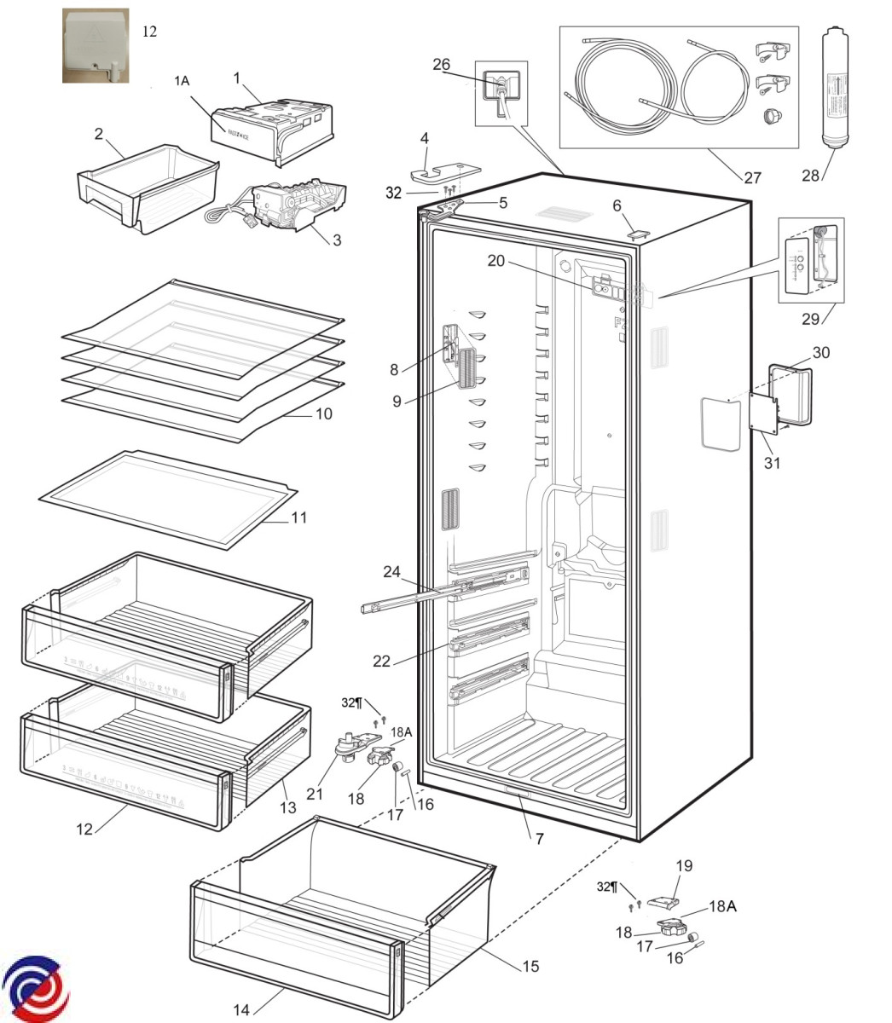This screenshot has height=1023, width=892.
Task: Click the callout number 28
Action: point(810,176)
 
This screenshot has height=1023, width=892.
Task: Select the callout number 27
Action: point(751,178)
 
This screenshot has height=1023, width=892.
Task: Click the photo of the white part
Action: point(96,46)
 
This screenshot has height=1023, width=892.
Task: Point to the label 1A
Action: point(182,81)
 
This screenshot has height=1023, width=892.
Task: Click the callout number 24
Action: point(392,571)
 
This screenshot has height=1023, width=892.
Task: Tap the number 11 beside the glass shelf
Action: point(298,517)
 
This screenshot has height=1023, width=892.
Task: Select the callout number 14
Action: point(241,1010)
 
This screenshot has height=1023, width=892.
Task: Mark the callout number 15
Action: point(530,966)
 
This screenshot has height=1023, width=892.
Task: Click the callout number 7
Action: point(539,839)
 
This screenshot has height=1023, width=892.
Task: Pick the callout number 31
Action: point(773,463)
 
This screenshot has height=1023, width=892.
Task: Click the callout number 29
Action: point(809,319)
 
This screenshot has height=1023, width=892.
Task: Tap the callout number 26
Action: point(465,65)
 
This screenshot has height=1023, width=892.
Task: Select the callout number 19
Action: point(684,866)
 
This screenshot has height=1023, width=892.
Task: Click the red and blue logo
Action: point(36,989)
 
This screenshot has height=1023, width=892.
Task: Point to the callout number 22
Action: point(381,661)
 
